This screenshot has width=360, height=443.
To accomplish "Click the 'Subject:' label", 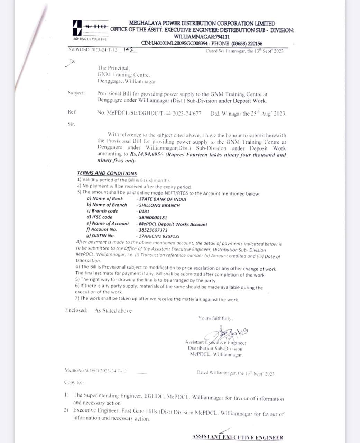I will coord(76,93).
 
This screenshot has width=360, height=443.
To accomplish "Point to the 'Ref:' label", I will coord(72,112).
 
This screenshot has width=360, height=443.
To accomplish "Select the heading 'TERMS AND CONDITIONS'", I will coord(107,173).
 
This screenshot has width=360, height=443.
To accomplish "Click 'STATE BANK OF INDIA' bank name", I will coord(162,199).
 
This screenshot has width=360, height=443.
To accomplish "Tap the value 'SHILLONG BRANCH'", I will coord(159,205).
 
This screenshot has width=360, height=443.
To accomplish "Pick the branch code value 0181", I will coord(144,211).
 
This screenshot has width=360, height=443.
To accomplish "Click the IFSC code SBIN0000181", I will coord(153,218).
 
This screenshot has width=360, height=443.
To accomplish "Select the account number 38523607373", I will coord(153,230).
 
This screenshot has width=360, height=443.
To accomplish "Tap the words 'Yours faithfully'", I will coord(215,318).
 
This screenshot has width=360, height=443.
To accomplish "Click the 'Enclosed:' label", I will coord(76,310).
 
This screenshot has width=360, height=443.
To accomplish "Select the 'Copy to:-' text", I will coord(74,382).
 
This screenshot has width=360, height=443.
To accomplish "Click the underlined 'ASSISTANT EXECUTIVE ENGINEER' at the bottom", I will coord(238,437).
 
